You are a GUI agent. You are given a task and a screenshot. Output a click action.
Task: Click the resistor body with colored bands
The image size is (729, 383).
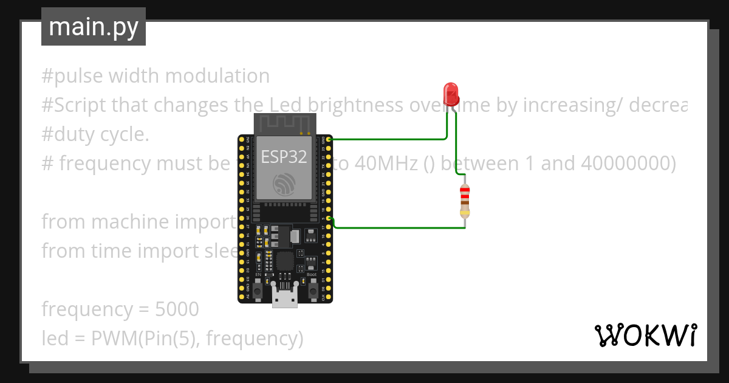(x=465, y=201)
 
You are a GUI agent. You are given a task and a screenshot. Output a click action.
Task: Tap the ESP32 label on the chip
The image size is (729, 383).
(x=284, y=156)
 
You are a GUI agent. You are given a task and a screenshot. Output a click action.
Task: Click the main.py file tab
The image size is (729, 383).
(x=94, y=27)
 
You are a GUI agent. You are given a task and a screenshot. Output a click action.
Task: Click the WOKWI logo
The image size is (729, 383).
(x=645, y=335)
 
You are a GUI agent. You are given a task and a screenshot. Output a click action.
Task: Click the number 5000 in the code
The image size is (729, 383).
(x=177, y=309)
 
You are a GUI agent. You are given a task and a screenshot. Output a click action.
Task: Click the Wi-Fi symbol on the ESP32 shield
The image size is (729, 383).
(x=284, y=182)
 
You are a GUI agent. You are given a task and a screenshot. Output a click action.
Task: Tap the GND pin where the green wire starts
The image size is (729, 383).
(x=329, y=139)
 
